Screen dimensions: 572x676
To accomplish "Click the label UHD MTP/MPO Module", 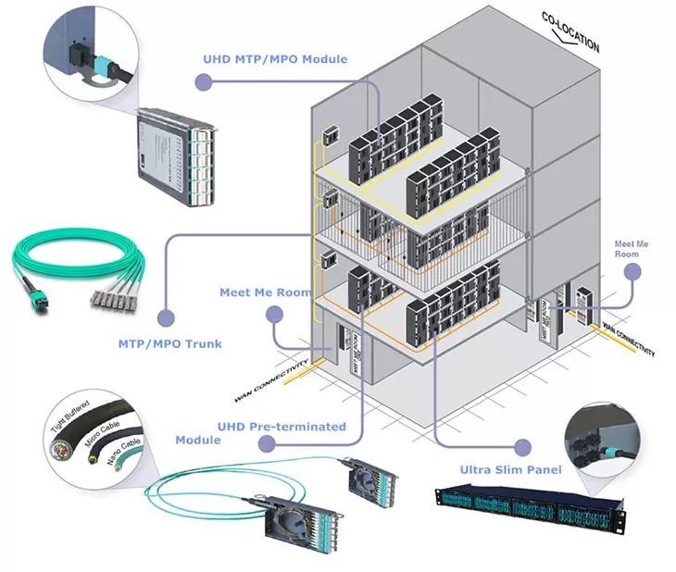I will click(275, 59).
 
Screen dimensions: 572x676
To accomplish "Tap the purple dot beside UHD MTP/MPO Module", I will click(205, 82).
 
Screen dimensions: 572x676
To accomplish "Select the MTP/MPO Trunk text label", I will click(169, 343).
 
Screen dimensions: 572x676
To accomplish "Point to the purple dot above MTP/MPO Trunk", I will click(166, 317).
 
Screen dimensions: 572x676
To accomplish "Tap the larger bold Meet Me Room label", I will click(266, 292).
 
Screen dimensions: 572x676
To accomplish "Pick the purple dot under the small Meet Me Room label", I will click(632, 272).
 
